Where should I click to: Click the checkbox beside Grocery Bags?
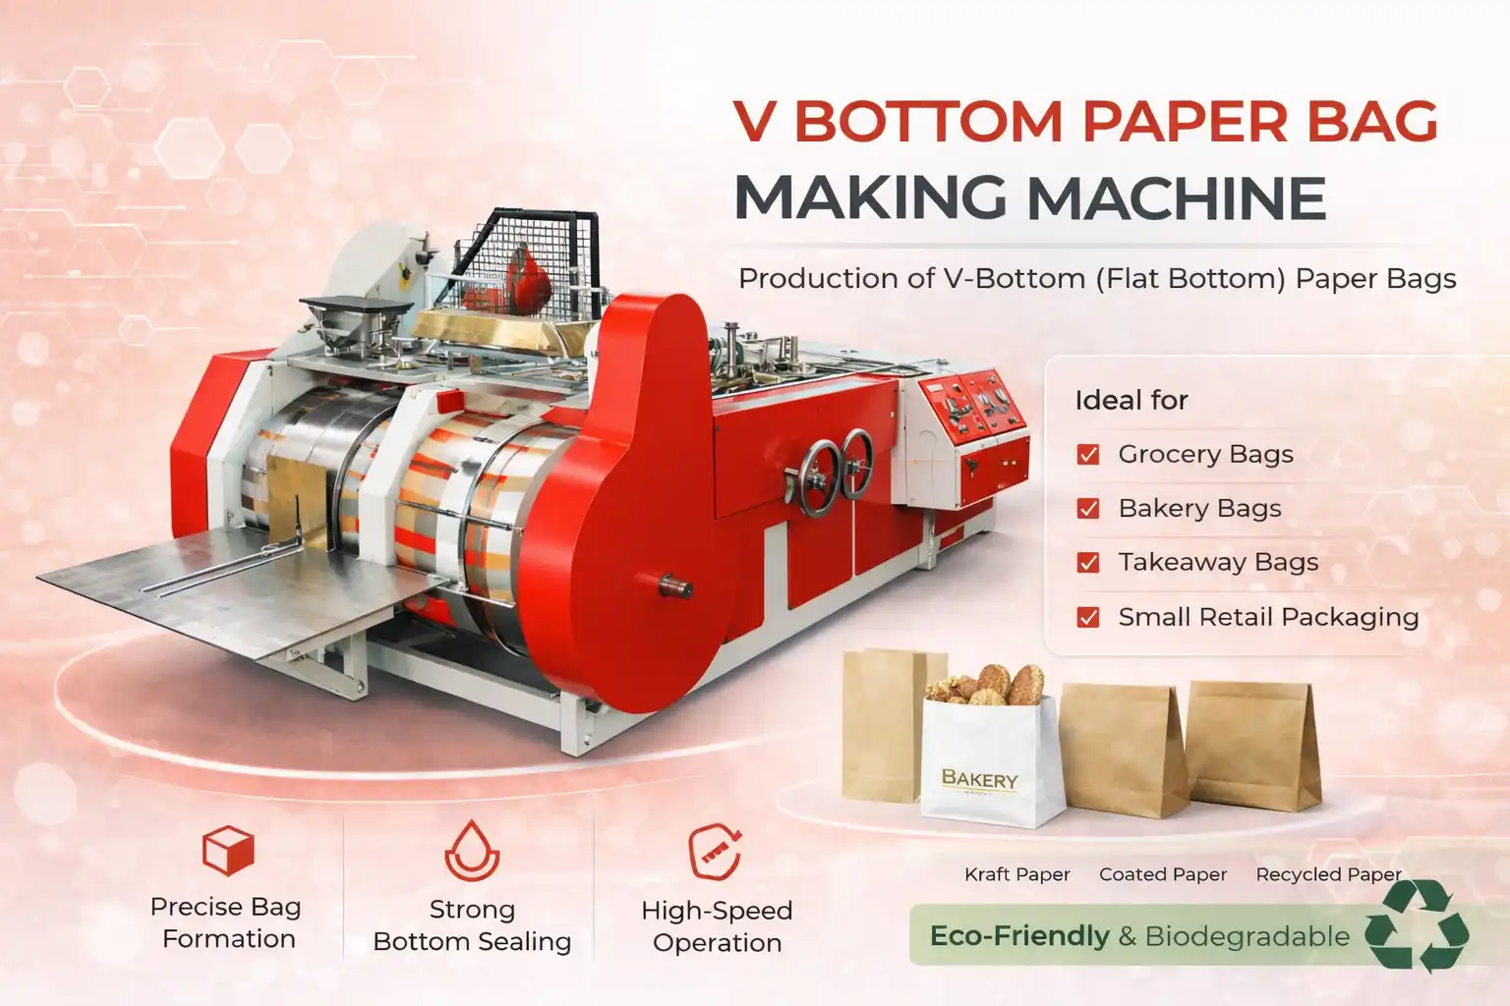coord(1088,454)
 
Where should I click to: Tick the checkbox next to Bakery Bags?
coord(1088,508)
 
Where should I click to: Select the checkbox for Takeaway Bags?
coord(1088,562)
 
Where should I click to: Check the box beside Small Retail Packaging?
coord(1088,617)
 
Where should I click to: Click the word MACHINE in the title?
coord(1177,198)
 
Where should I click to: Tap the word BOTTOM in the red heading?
coord(928,122)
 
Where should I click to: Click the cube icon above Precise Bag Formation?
coord(228,850)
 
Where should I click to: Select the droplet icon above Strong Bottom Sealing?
coord(472,851)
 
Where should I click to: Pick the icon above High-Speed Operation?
coord(715,851)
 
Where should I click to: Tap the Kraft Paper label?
coord(1016,874)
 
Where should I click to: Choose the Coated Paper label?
coord(1163,874)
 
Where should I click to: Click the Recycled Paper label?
coord(1328,874)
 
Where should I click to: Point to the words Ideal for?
coord(1132,401)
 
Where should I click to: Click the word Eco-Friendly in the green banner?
coord(1018,936)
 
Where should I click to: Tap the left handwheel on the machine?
coord(818,477)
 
